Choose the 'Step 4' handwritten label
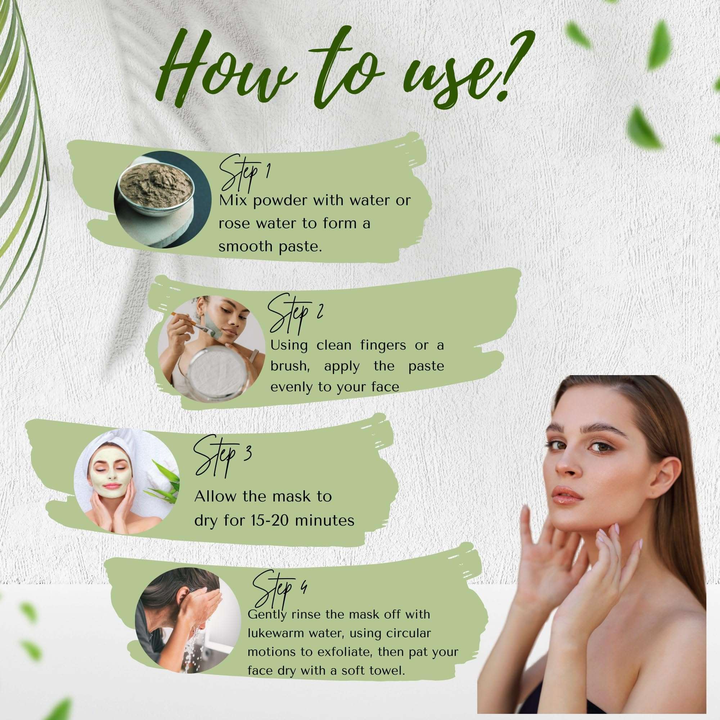point(278,592)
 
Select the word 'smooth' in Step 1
point(240,246)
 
